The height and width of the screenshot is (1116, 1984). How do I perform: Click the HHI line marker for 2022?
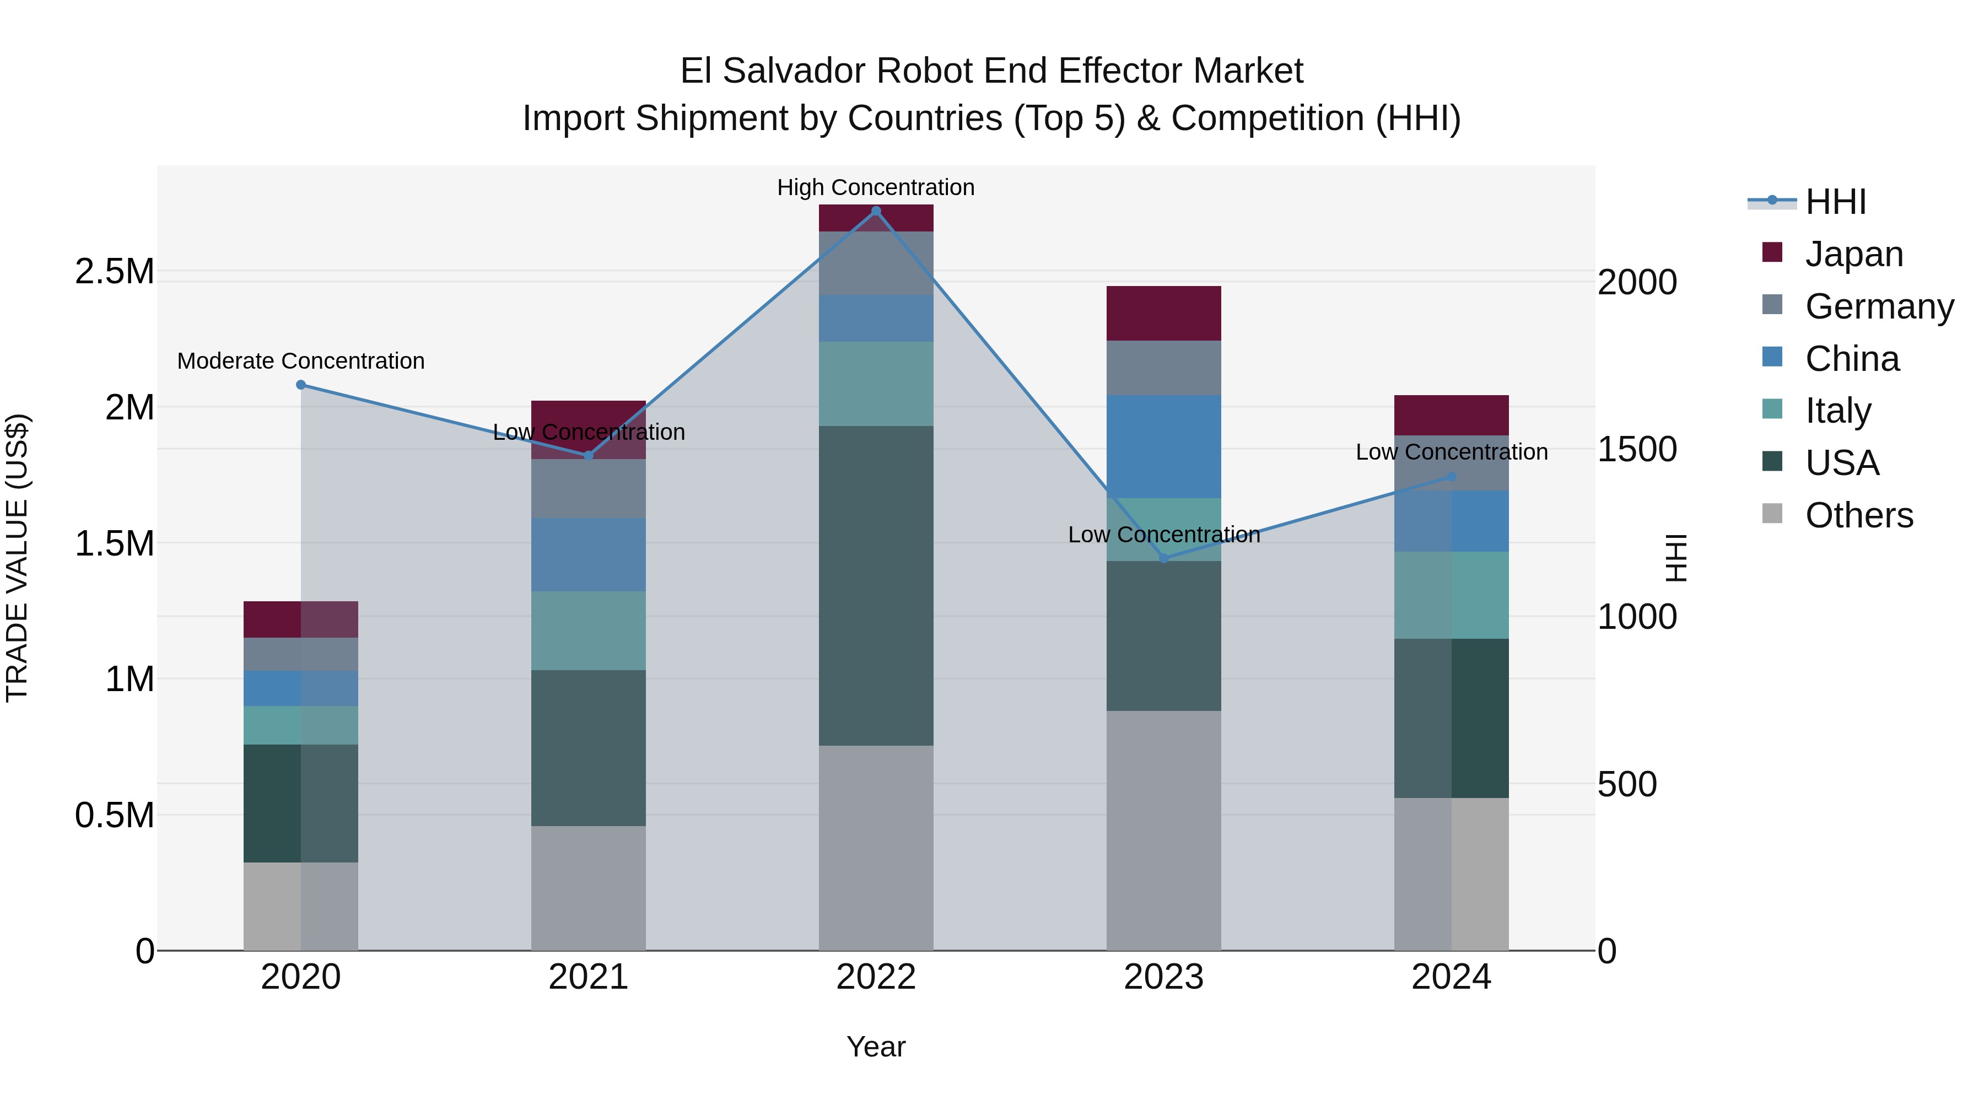(876, 211)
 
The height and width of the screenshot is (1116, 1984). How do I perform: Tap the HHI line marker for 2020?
(301, 385)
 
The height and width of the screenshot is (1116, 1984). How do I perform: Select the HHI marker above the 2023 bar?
(1164, 558)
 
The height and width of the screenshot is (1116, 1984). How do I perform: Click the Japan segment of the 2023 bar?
(1164, 314)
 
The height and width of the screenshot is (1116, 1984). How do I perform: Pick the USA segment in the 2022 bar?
(876, 585)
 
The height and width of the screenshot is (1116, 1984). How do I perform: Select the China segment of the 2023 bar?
(1164, 447)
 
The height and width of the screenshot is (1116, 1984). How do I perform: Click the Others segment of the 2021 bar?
(589, 888)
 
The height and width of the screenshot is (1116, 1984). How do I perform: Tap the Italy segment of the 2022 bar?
(876, 384)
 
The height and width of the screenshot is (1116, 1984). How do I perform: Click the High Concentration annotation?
(876, 188)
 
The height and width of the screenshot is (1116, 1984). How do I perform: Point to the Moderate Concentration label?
(301, 361)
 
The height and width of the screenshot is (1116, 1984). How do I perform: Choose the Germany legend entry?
(1879, 306)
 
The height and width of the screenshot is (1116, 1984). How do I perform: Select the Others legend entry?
(1858, 515)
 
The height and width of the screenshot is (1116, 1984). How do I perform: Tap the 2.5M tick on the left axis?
(114, 272)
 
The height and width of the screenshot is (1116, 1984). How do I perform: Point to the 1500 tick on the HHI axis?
(1637, 450)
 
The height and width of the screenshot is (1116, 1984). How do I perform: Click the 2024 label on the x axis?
(1451, 977)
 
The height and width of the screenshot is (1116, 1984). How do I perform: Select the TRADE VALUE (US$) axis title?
(17, 558)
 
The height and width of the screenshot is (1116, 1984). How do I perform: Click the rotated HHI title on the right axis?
(1676, 558)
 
